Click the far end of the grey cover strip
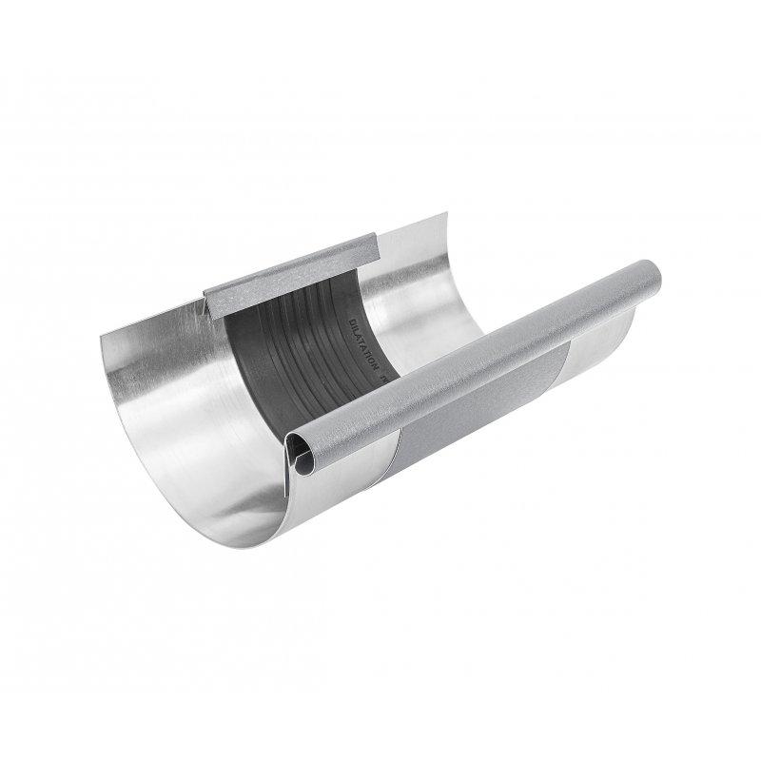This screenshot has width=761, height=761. [378, 244]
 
